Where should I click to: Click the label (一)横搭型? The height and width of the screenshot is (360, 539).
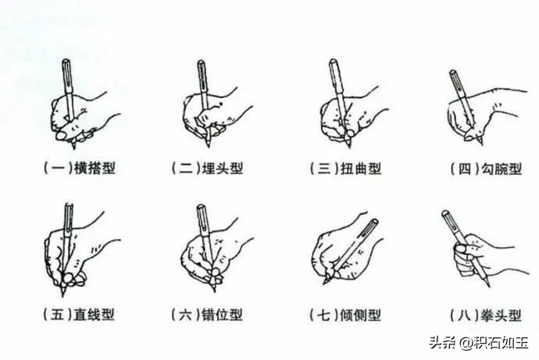coord(80,168)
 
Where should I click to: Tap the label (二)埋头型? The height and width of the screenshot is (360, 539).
coord(207,168)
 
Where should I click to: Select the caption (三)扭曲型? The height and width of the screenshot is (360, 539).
coord(345,168)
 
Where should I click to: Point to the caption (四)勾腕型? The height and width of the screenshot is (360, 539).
coord(487,169)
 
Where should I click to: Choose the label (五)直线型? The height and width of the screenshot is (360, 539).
coord(79,314)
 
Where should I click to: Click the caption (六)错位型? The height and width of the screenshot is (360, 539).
coord(207,314)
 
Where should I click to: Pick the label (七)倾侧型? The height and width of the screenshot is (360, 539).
coord(345,315)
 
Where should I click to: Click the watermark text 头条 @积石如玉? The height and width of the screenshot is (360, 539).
coord(479,343)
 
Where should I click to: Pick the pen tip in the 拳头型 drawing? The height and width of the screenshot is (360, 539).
coord(488,286)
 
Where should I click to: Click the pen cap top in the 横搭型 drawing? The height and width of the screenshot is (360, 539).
coord(66,61)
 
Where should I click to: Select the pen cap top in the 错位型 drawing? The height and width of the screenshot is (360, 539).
coord(201,207)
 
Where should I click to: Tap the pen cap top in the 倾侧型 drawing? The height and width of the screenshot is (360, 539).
coord(375,222)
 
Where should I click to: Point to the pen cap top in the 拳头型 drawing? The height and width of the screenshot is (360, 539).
coord(445,213)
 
